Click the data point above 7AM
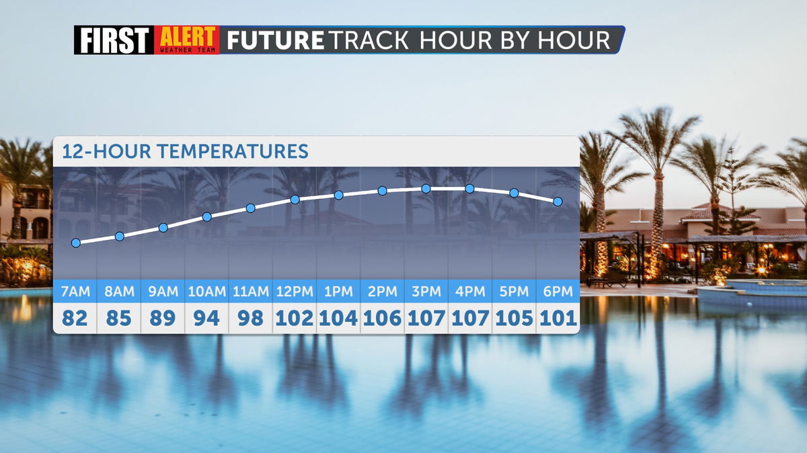pos(75,243)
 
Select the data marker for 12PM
pos(295,200)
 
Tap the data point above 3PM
pos(426,189)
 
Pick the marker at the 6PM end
pos(558,202)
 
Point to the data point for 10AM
pos(207,217)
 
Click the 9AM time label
pos(163,291)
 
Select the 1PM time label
pos(339,291)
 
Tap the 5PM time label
pos(514,291)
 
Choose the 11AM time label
pos(251,291)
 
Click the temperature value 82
pos(75,319)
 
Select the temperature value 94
pos(206,319)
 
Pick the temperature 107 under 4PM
pos(470,319)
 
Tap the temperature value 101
pos(558,319)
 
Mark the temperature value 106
pos(382,319)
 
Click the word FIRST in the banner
pos(114,40)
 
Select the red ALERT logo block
pos(187,40)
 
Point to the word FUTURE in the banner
pos(275,40)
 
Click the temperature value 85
pos(119,319)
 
